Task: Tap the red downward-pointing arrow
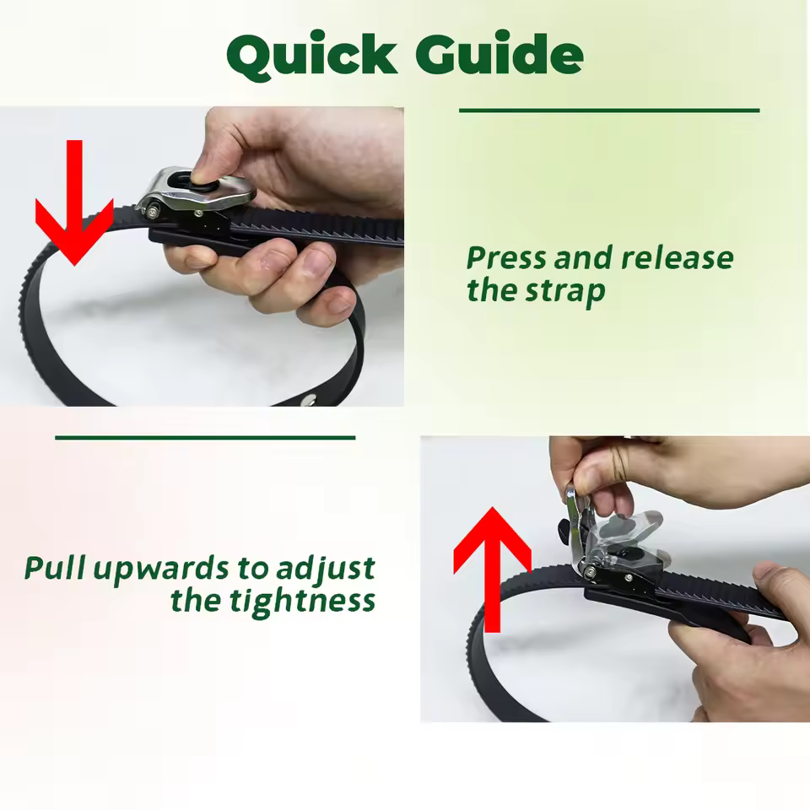tap(74, 207)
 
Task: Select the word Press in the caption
tap(505, 258)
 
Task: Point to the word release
tap(677, 258)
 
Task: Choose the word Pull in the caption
tap(55, 569)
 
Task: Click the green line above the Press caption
tap(609, 111)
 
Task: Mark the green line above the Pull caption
tap(205, 438)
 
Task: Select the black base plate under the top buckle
tap(190, 235)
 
